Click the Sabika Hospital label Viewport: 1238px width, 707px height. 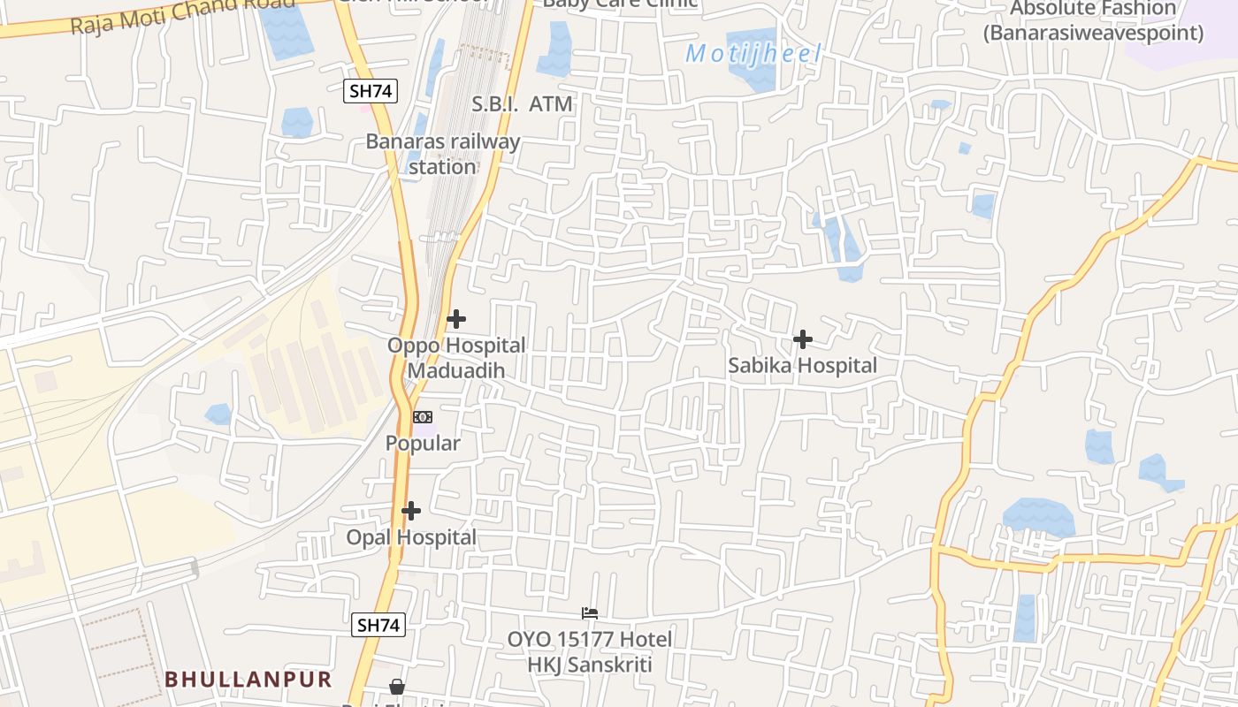[802, 365]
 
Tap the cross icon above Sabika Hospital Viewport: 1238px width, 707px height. [803, 339]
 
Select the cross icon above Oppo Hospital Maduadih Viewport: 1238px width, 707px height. [456, 319]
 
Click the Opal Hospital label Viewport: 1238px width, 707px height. [411, 537]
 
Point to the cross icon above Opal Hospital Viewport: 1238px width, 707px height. [411, 511]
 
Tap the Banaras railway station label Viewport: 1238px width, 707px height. [443, 154]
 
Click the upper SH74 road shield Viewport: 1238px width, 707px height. [371, 90]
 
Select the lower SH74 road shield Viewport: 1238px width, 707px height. [378, 625]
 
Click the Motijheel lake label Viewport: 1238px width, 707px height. [753, 54]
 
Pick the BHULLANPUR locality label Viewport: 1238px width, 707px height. [248, 680]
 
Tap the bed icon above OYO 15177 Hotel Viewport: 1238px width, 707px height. [590, 613]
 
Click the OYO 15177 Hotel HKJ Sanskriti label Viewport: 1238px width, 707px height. [590, 651]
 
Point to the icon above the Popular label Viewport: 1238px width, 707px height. [424, 417]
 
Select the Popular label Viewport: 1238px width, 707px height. [423, 443]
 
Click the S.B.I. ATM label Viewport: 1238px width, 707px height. [522, 104]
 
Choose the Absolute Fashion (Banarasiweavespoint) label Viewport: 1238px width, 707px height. [1093, 21]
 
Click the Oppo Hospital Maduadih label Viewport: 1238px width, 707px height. [456, 357]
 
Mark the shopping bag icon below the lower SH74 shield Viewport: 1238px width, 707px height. [398, 687]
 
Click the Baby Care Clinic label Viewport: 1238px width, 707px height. [620, 4]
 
